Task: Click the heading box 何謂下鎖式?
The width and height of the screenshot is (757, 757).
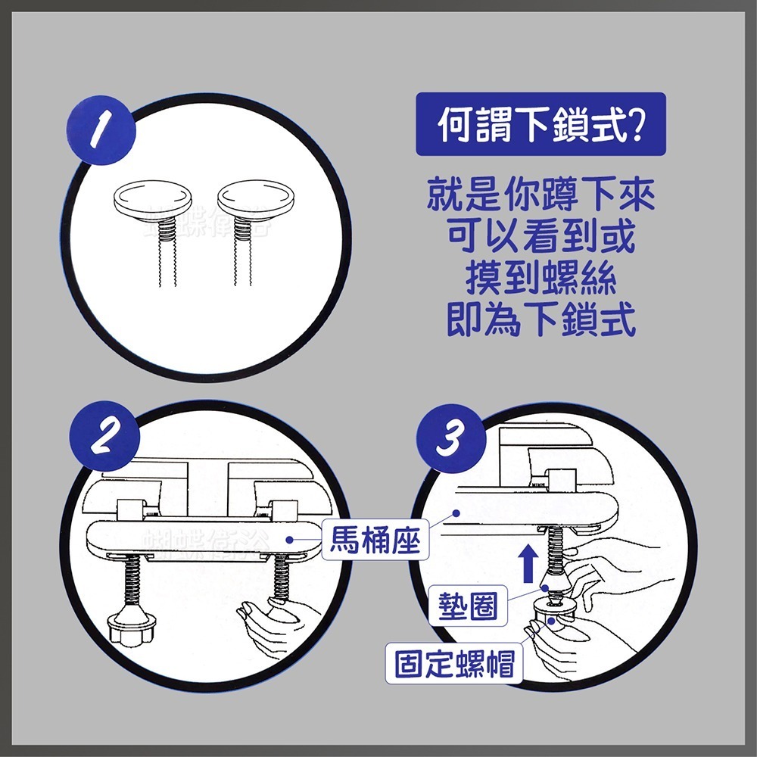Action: click(x=540, y=124)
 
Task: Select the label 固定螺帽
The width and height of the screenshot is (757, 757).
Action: click(x=453, y=664)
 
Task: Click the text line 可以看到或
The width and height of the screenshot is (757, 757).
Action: click(x=540, y=238)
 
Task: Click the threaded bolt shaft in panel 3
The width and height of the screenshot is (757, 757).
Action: click(x=558, y=550)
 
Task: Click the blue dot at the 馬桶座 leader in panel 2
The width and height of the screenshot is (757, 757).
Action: click(x=290, y=540)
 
